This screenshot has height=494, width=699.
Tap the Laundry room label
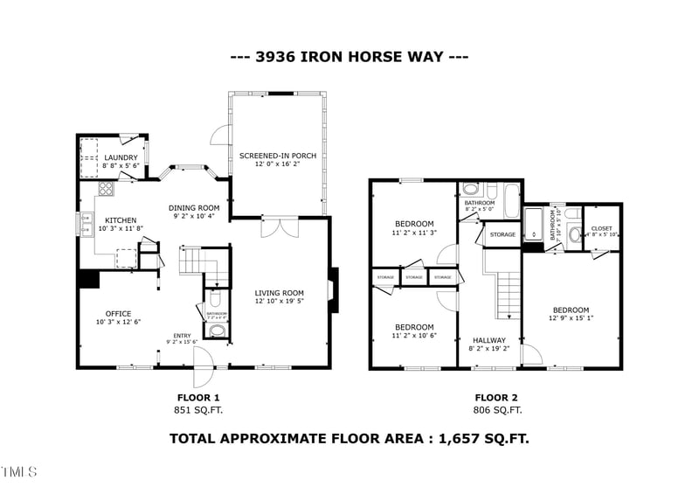(121, 157)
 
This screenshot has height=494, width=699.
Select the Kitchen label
(121, 219)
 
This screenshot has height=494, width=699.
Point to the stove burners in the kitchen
(105, 188)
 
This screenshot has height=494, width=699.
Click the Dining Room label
(194, 207)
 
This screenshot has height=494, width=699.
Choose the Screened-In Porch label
(278, 156)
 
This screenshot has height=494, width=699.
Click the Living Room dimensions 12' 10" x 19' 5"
(279, 302)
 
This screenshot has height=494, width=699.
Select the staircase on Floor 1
(197, 261)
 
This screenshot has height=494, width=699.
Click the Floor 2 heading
(496, 396)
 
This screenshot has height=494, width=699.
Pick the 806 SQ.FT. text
(496, 409)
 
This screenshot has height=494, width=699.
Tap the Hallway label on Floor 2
(489, 340)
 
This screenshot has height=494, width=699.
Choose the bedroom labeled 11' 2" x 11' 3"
(413, 228)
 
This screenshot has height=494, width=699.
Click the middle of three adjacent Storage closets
(414, 277)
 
